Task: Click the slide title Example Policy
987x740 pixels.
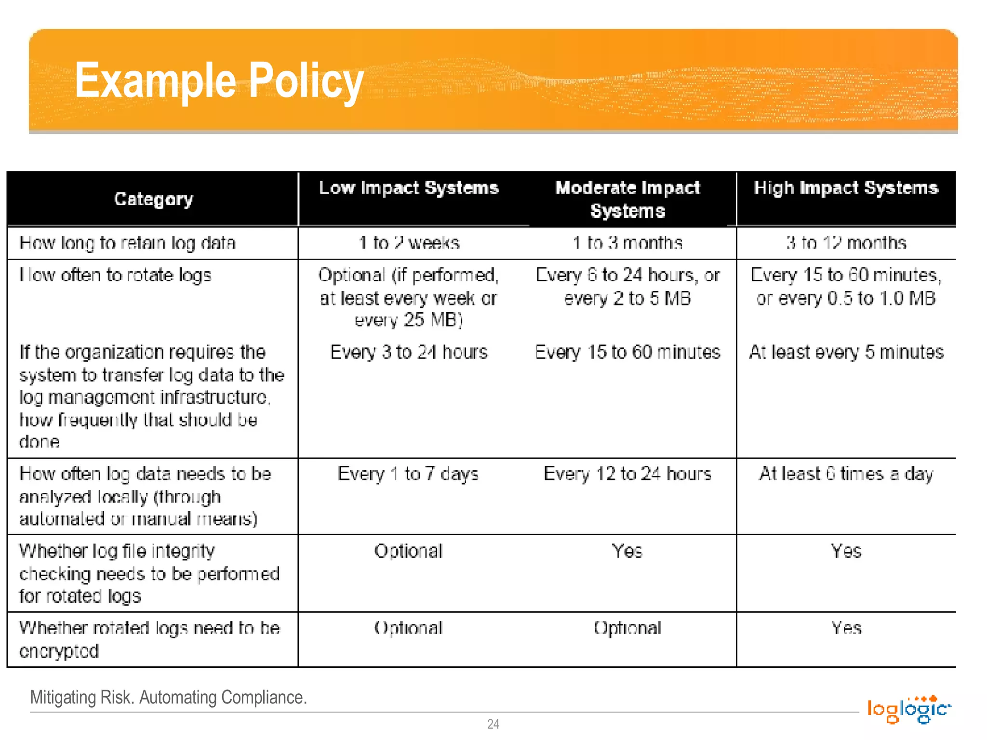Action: (x=219, y=81)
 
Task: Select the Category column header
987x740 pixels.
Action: (x=153, y=199)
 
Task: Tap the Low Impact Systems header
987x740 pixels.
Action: (x=409, y=188)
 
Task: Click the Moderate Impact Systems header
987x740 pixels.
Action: (x=627, y=199)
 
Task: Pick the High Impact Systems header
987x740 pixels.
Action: (x=846, y=188)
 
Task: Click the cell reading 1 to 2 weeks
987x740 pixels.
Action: (x=409, y=243)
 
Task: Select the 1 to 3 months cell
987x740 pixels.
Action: (x=627, y=243)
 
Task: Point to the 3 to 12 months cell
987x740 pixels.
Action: (x=846, y=243)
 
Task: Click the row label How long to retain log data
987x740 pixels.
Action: (x=127, y=243)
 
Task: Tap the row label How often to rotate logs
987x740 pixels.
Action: (x=115, y=275)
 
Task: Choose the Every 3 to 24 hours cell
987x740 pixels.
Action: (x=409, y=352)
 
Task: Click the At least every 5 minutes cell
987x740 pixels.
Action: (x=846, y=352)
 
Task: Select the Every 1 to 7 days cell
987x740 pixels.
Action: (x=408, y=474)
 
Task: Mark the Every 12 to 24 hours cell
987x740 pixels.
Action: (x=627, y=474)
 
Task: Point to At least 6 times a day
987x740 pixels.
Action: (x=846, y=474)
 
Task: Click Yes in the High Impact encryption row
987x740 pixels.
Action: (x=846, y=628)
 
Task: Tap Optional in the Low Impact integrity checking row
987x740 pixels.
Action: (x=408, y=551)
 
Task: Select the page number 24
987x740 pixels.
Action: (x=493, y=724)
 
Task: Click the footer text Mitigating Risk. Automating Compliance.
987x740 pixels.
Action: (x=169, y=697)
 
